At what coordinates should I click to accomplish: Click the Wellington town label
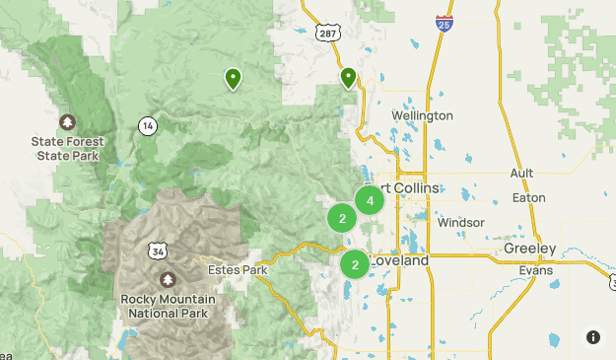(x=422, y=115)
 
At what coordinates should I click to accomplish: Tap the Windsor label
(x=461, y=223)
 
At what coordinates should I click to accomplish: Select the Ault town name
(x=522, y=173)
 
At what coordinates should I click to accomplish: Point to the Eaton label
(x=529, y=197)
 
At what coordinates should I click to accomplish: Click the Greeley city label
(x=530, y=249)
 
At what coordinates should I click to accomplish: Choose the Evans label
(x=535, y=270)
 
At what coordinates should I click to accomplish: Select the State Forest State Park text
(x=66, y=149)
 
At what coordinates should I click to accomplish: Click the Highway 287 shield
(x=328, y=34)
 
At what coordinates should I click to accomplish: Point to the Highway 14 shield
(x=147, y=125)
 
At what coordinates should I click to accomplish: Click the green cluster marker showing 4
(x=370, y=200)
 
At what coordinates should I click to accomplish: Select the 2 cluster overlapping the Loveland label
(x=355, y=264)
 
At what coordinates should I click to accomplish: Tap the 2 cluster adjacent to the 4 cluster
(x=342, y=219)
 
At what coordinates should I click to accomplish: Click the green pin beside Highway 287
(x=348, y=77)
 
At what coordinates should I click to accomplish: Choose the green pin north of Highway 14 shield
(x=233, y=78)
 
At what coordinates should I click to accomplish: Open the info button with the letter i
(x=593, y=337)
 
